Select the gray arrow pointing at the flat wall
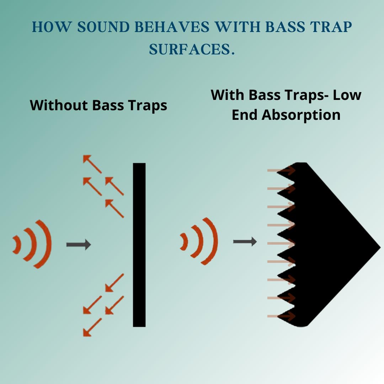pyautogui.click(x=79, y=245)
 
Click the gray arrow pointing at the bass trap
pyautogui.click(x=245, y=242)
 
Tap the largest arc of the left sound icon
pyautogui.click(x=44, y=244)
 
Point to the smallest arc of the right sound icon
pyautogui.click(x=184, y=241)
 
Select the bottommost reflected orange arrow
pyautogui.click(x=92, y=327)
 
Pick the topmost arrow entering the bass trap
pyautogui.click(x=281, y=171)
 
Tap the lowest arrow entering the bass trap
pyautogui.click(x=281, y=316)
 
